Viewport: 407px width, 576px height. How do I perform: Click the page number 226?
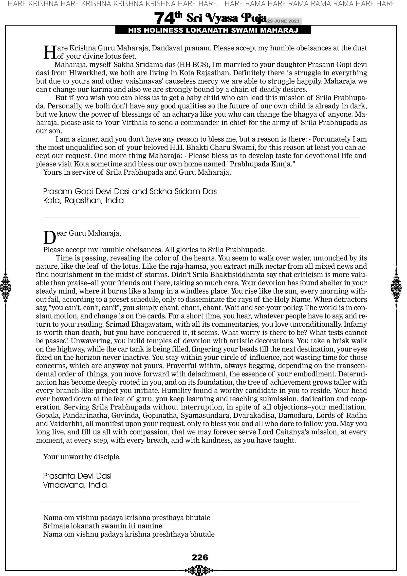tap(200, 557)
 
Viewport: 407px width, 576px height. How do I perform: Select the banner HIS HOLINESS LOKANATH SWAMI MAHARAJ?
tap(213, 30)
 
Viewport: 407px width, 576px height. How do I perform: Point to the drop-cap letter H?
tap(50, 52)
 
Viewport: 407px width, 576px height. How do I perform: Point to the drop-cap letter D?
tap(49, 237)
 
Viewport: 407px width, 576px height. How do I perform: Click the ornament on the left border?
tap(5, 287)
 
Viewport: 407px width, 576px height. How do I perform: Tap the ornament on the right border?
tap(396, 287)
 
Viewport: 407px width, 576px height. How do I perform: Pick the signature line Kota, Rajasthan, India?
tap(83, 201)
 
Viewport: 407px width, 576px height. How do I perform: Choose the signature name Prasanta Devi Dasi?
tap(77, 476)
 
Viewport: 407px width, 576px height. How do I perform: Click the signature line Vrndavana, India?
tap(75, 485)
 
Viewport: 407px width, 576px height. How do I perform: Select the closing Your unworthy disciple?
tap(82, 457)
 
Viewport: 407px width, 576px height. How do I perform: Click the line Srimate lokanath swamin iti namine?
tap(103, 526)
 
